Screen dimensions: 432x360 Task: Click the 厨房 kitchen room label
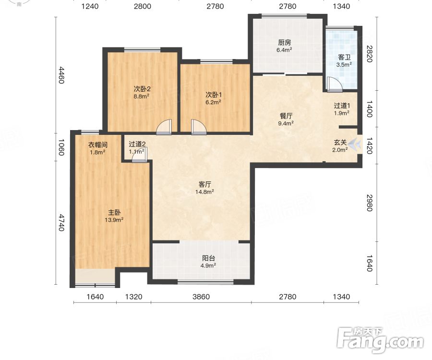(x=284, y=42)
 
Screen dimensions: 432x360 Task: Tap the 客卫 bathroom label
(x=344, y=57)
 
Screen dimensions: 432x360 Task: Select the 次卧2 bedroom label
(x=142, y=89)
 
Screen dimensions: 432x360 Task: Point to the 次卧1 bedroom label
(x=214, y=95)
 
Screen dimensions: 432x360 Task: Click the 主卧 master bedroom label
(x=114, y=212)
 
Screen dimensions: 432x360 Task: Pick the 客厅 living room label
(x=204, y=184)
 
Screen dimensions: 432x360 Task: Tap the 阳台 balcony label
(x=208, y=258)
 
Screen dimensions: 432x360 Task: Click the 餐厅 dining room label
(x=286, y=116)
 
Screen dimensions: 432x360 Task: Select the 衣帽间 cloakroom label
(x=98, y=144)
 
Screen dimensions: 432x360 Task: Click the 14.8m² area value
(x=204, y=192)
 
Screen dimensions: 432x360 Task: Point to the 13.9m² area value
(x=114, y=220)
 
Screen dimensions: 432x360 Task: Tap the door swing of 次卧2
(x=164, y=127)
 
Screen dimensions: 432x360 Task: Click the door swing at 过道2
(x=140, y=155)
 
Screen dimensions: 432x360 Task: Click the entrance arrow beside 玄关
(x=355, y=143)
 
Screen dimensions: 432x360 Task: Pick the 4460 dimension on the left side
(x=61, y=75)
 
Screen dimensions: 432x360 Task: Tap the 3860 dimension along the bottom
(x=201, y=297)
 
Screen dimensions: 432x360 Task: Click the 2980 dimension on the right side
(x=369, y=203)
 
